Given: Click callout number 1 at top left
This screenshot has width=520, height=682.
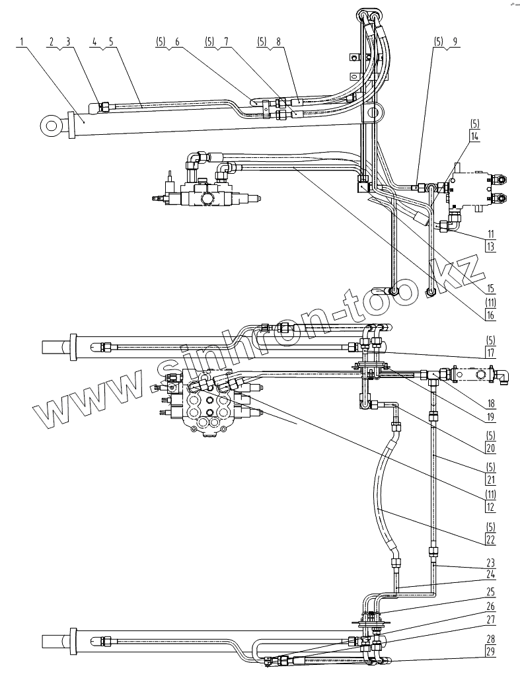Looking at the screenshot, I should point(22,41).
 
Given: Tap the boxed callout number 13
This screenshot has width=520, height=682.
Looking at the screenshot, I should point(490,246).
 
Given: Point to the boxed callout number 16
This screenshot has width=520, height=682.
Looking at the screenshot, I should point(490,315).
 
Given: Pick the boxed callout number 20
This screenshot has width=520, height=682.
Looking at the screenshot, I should point(490,447).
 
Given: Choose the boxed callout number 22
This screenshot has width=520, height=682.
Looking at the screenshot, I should point(490,539).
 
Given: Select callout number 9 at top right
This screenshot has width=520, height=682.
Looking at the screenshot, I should point(455,41).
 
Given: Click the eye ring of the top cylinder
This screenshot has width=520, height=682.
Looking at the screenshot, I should point(50,124).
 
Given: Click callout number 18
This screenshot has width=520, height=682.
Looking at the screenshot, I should point(490,402).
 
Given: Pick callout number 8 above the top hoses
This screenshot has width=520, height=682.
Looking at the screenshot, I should point(278,41).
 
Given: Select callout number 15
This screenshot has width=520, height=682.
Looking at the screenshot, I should point(490,287).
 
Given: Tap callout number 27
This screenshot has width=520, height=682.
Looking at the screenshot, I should point(490,620).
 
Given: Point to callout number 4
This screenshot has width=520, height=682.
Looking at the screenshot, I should point(94,41).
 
